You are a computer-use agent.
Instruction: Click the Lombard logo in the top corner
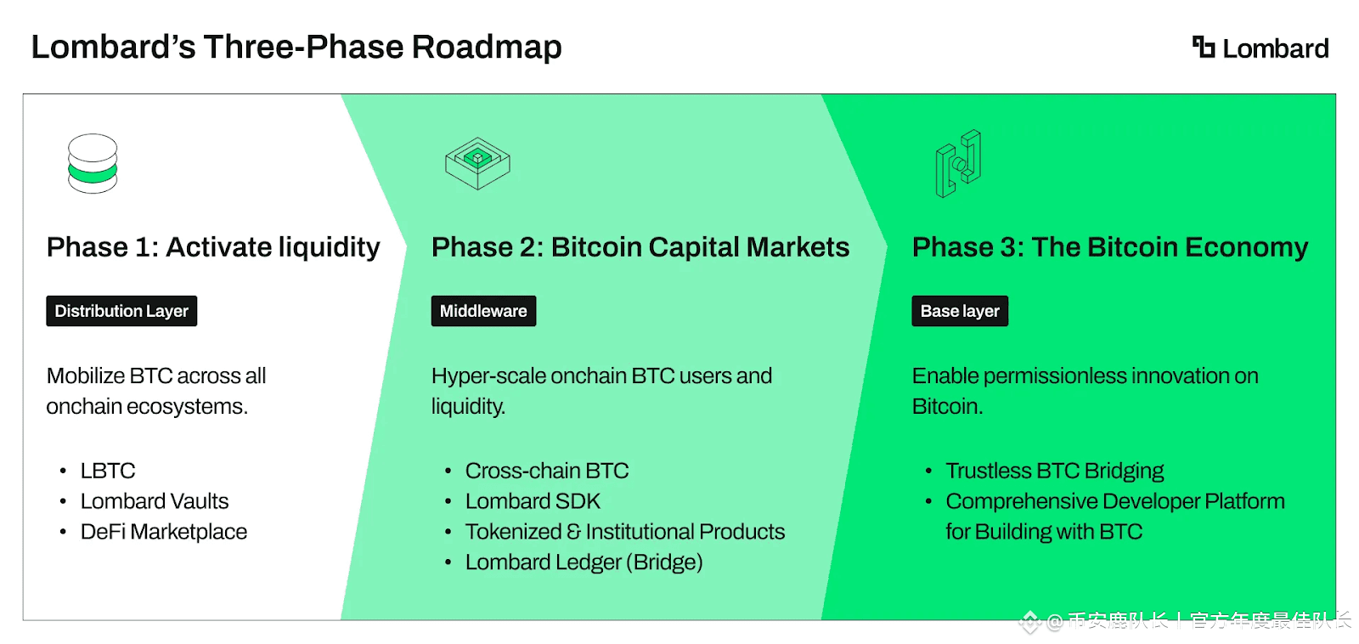pyautogui.click(x=1260, y=48)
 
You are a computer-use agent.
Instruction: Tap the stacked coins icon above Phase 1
pyautogui.click(x=93, y=163)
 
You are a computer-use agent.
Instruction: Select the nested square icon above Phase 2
pyautogui.click(x=477, y=163)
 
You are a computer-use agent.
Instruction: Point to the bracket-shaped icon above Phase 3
pyautogui.click(x=959, y=163)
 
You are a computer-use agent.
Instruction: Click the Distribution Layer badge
pyautogui.click(x=121, y=311)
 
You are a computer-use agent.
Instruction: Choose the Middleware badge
pyautogui.click(x=483, y=311)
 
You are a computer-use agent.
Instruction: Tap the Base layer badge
pyautogui.click(x=960, y=311)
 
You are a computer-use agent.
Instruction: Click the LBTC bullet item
pyautogui.click(x=108, y=471)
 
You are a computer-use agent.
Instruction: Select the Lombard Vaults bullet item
pyautogui.click(x=155, y=501)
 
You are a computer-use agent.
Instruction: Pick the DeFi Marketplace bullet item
pyautogui.click(x=164, y=532)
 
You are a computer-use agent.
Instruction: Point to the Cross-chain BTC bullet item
pyautogui.click(x=547, y=471)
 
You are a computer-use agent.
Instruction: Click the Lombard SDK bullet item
pyautogui.click(x=533, y=501)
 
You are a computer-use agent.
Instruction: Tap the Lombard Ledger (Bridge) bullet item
pyautogui.click(x=584, y=562)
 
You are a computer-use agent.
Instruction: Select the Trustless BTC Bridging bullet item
pyautogui.click(x=1055, y=471)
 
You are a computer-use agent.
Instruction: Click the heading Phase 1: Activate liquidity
pyautogui.click(x=213, y=247)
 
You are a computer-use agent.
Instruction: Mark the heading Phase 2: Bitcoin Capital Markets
pyautogui.click(x=640, y=247)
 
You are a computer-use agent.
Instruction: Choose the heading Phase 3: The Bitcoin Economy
pyautogui.click(x=1110, y=247)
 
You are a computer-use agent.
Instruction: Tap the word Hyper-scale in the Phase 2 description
pyautogui.click(x=488, y=376)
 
